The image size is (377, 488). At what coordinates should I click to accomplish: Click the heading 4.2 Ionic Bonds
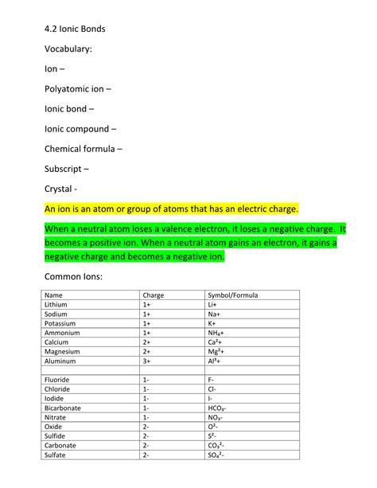(75, 29)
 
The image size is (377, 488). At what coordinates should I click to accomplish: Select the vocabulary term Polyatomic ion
(78, 89)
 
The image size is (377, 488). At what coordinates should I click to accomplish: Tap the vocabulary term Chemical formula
(83, 149)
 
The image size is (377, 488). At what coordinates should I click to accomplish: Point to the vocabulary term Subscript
(66, 169)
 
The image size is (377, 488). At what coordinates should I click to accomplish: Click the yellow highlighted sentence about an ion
(172, 209)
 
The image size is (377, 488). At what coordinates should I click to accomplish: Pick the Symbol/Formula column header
(232, 295)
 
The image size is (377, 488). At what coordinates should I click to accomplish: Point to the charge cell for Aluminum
(147, 361)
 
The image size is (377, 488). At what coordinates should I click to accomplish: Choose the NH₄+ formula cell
(216, 333)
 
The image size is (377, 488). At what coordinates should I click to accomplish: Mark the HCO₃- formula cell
(218, 408)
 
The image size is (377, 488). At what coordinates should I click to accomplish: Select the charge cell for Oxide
(146, 426)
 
